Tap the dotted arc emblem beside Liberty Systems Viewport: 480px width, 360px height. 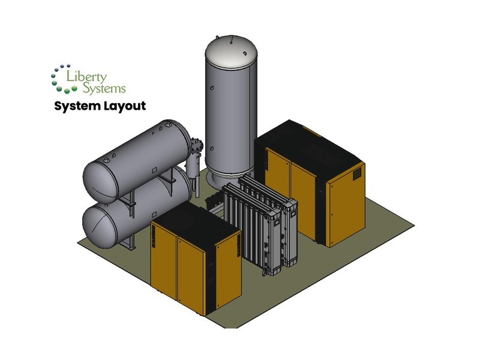[62, 80]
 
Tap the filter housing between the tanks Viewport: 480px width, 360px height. [194, 162]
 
